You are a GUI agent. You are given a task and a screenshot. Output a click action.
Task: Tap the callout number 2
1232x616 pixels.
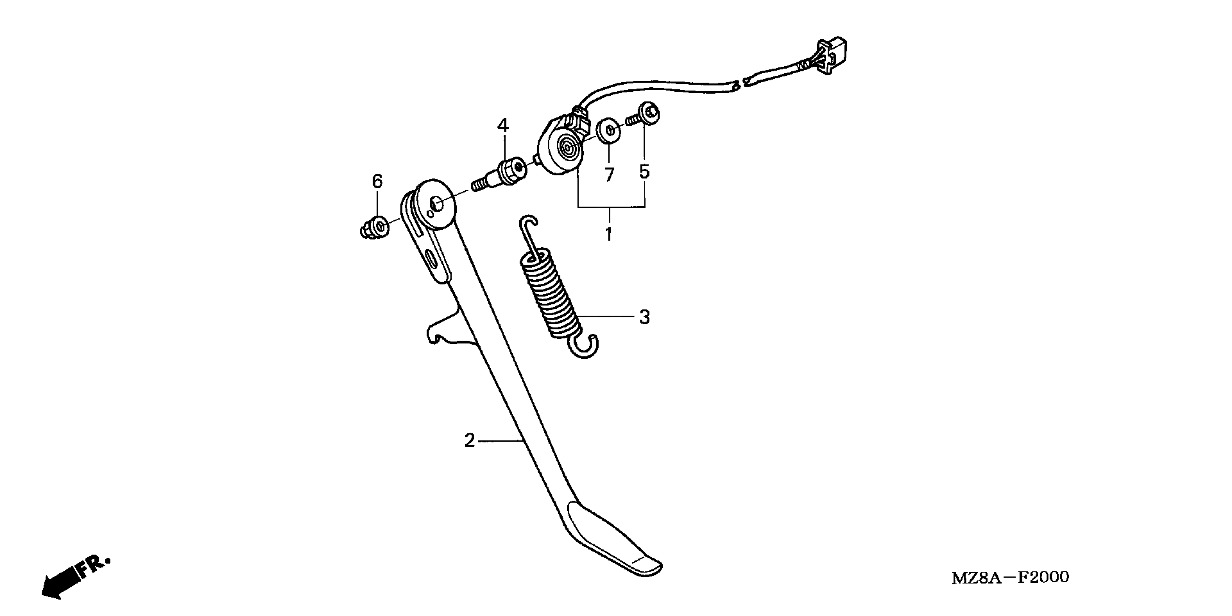[470, 440]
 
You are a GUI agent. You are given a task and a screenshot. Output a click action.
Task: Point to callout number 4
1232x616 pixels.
[503, 126]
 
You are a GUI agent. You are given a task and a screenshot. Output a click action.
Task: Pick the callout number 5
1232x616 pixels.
[644, 171]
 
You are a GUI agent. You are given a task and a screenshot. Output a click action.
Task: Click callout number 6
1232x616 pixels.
[377, 182]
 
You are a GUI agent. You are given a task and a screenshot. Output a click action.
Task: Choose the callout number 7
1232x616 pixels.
[609, 175]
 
